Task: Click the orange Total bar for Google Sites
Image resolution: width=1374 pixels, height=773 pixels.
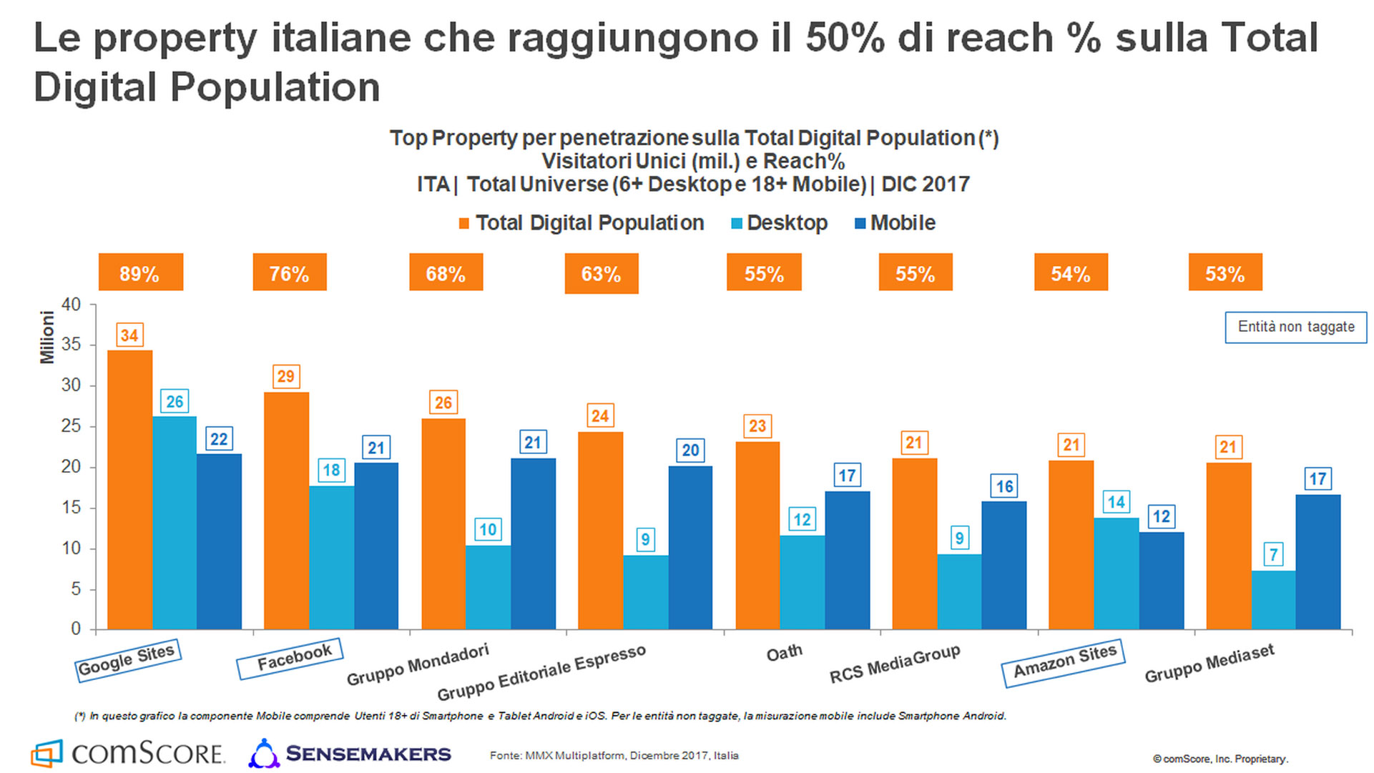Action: [x=129, y=490]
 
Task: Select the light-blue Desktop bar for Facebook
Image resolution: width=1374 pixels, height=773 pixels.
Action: [x=331, y=558]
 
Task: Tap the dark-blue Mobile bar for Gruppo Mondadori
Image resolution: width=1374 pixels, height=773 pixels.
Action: [x=533, y=543]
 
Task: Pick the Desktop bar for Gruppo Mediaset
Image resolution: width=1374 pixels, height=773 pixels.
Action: [x=1273, y=600]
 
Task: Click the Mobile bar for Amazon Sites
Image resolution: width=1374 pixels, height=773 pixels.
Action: [x=1161, y=581]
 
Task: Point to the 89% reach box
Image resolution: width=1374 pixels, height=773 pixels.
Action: [x=140, y=272]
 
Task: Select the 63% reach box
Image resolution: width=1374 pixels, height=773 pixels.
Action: [x=601, y=274]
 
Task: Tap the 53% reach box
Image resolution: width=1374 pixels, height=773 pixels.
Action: [x=1225, y=272]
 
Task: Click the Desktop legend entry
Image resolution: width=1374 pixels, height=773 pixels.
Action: [x=779, y=223]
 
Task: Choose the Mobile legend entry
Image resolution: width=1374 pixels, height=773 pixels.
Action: [x=895, y=223]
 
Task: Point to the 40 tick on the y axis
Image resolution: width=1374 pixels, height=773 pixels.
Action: [x=72, y=305]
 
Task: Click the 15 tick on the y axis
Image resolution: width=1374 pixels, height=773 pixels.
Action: [x=72, y=508]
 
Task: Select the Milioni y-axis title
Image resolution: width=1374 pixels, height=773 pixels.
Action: [x=47, y=337]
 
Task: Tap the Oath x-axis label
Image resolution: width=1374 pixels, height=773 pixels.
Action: [x=784, y=653]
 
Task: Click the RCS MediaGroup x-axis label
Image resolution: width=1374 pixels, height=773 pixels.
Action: [x=894, y=664]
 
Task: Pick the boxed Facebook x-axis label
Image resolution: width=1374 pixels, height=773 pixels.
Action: [x=290, y=658]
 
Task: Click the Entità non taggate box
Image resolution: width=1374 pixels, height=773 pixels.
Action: [x=1295, y=327]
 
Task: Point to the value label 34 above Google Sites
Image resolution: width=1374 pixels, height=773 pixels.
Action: [x=129, y=335]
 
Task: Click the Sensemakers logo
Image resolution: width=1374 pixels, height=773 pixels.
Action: [x=350, y=754]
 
